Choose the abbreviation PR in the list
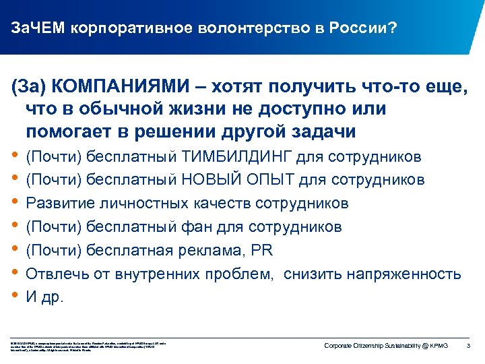pos(261,250)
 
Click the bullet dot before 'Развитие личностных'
pos(15,202)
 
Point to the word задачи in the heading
pos(317,131)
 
